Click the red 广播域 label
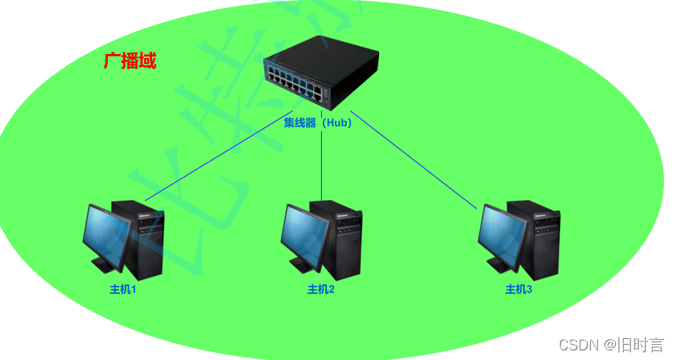[x=130, y=61]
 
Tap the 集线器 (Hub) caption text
[x=317, y=123]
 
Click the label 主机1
[x=123, y=289]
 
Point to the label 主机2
[x=320, y=289]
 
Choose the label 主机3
[x=518, y=289]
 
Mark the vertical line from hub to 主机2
[x=322, y=165]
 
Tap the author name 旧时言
[x=641, y=345]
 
